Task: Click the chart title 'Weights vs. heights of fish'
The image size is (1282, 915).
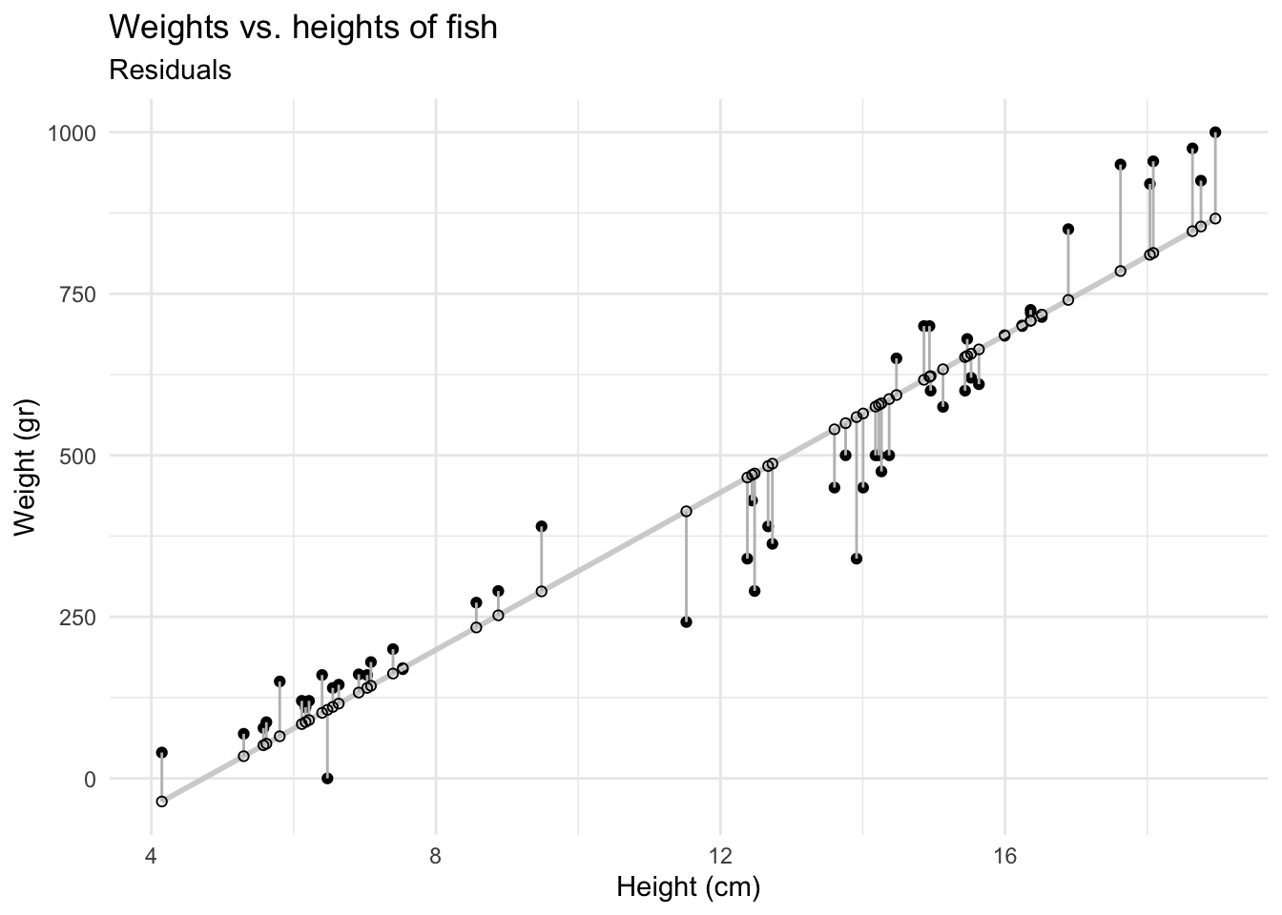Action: point(303,27)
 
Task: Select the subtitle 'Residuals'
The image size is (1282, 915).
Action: point(171,70)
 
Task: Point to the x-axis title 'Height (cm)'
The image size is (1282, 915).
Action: point(688,887)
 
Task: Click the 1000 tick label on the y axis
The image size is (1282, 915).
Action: point(72,132)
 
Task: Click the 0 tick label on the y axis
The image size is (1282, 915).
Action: point(91,779)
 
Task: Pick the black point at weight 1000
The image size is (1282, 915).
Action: point(1214,132)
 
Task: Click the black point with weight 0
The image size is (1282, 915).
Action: point(327,778)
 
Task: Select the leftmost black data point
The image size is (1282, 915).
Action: point(161,752)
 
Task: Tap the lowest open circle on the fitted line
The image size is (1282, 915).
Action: point(161,802)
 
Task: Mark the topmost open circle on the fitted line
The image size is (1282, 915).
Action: point(1214,218)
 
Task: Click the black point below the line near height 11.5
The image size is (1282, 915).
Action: point(686,621)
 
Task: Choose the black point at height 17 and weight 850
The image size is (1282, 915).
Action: point(1067,229)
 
